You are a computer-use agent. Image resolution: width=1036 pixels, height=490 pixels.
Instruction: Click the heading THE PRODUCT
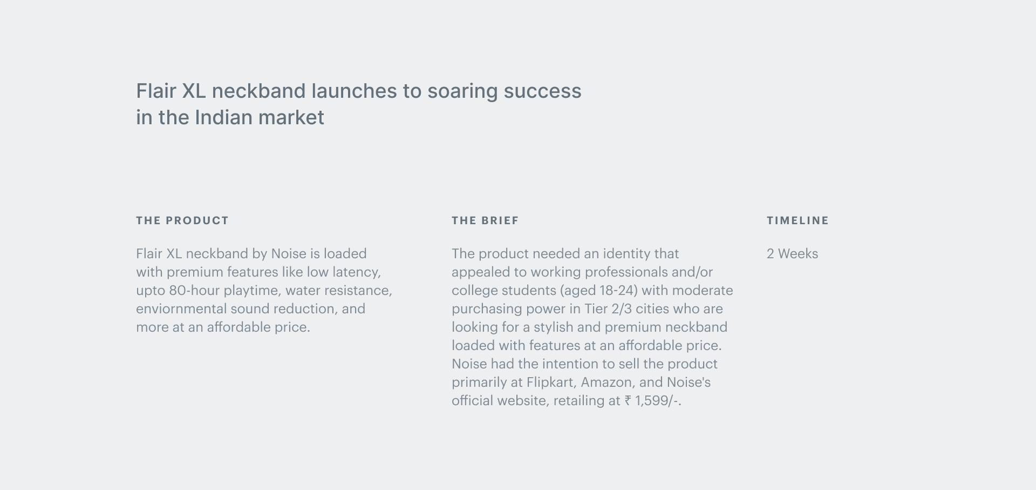click(x=182, y=220)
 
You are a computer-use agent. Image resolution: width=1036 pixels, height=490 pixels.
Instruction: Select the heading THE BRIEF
click(x=485, y=220)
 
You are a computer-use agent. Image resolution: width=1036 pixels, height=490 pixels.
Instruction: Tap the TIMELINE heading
click(x=798, y=220)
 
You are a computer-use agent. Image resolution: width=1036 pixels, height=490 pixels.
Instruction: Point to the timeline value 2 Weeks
click(x=792, y=254)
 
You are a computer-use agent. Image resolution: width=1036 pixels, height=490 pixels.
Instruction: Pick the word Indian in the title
click(x=223, y=117)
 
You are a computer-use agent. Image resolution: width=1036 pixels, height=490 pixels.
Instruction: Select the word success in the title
click(x=542, y=91)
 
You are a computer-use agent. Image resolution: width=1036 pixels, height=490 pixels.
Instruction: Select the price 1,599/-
click(x=658, y=401)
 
